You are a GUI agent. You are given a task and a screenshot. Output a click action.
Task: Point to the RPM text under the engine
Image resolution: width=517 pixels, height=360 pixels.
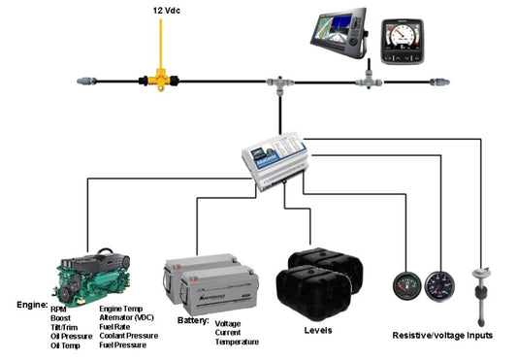59,309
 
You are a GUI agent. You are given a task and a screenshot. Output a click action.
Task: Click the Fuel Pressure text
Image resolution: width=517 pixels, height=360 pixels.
127,344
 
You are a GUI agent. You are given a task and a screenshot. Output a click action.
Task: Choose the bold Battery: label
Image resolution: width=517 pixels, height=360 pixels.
192,319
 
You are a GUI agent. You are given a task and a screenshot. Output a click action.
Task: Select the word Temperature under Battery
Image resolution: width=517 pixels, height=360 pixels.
239,342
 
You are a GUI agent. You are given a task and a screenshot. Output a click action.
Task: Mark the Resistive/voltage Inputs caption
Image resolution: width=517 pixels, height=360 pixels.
442,335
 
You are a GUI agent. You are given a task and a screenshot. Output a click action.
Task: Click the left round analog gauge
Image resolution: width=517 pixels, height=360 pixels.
405,286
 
